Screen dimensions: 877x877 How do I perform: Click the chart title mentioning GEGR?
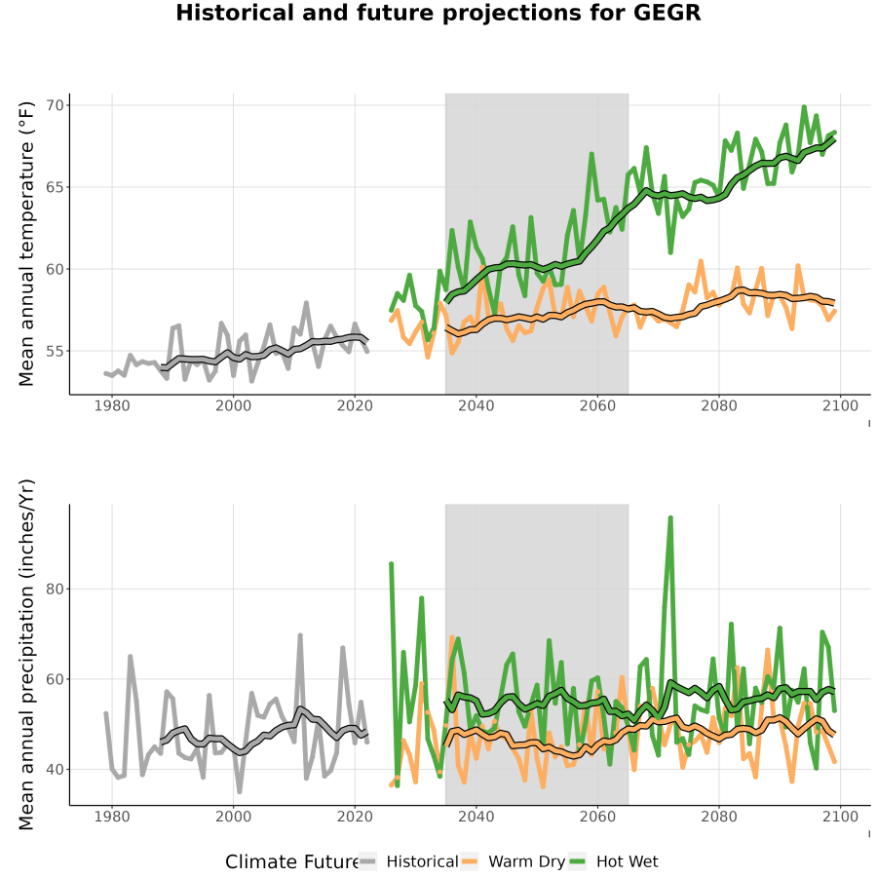click(438, 13)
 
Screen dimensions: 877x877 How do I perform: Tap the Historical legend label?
click(422, 861)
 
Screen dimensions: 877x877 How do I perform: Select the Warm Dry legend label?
click(527, 861)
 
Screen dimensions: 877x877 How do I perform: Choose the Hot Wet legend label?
click(627, 861)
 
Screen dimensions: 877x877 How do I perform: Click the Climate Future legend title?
click(292, 861)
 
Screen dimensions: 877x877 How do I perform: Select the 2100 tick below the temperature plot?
click(841, 405)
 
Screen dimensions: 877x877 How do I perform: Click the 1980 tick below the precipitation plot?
click(112, 817)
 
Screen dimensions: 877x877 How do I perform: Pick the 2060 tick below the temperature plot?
click(597, 405)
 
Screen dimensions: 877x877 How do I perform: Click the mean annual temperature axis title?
click(26, 244)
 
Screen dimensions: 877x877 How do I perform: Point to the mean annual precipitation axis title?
click(26, 655)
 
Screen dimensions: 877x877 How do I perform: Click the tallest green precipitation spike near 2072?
click(670, 518)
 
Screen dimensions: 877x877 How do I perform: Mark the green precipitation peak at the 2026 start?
click(392, 564)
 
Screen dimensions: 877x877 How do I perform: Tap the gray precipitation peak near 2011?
click(300, 635)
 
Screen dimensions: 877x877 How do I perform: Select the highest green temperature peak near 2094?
click(804, 107)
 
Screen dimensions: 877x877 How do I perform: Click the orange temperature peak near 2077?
click(701, 261)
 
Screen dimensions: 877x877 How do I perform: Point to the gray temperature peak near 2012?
click(306, 303)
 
